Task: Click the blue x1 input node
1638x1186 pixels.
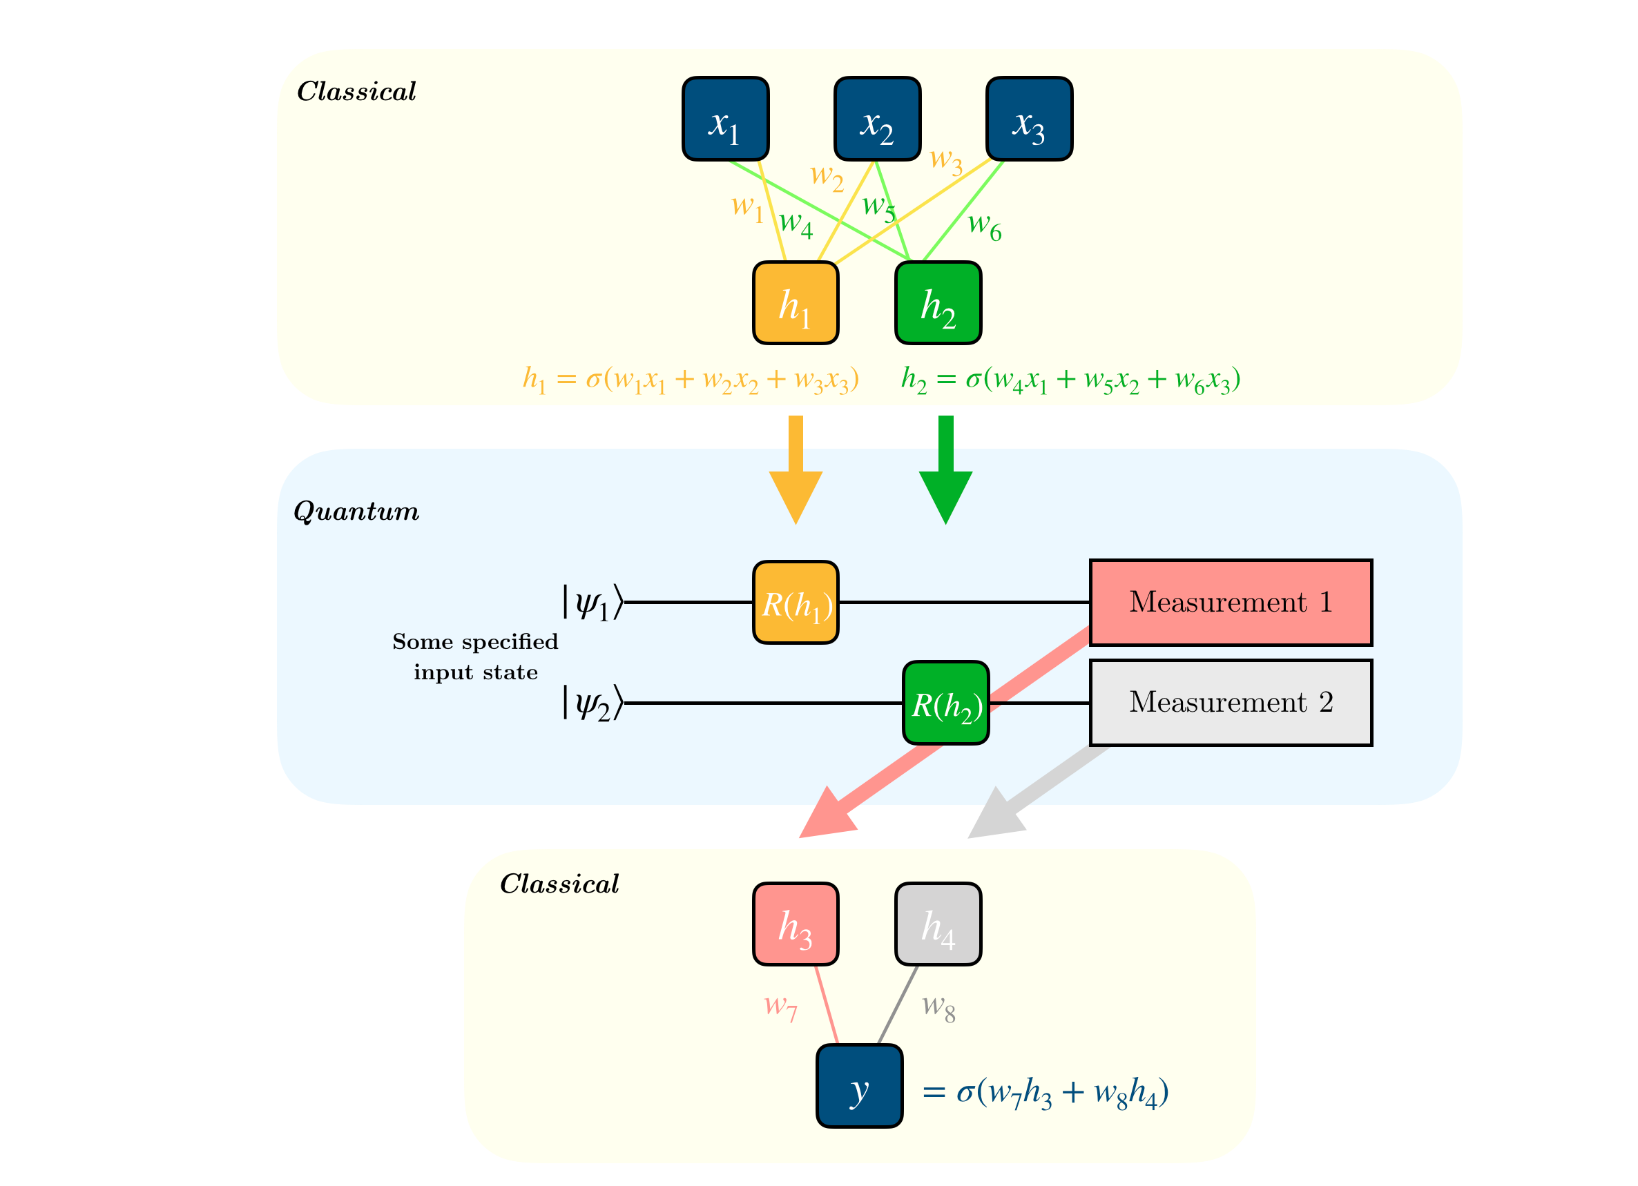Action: (725, 119)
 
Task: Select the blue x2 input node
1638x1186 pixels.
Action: (877, 119)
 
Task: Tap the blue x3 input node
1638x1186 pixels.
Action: (1029, 119)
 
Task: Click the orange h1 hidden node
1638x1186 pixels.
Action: (795, 303)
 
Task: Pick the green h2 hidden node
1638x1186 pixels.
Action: (938, 303)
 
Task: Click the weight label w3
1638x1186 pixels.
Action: (946, 159)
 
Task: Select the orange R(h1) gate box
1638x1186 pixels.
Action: (795, 602)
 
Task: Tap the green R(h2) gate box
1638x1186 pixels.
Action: (945, 702)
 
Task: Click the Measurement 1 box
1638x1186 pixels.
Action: (1230, 602)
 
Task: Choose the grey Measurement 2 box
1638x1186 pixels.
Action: (1230, 702)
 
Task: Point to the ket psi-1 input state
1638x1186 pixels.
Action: (592, 602)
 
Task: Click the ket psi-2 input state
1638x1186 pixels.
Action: (592, 702)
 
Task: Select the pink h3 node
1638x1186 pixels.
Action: (795, 923)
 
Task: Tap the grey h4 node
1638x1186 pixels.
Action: (938, 923)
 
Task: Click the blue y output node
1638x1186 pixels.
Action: (859, 1085)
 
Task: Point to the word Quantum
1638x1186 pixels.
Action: (356, 512)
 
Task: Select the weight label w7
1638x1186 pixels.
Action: (781, 1006)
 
